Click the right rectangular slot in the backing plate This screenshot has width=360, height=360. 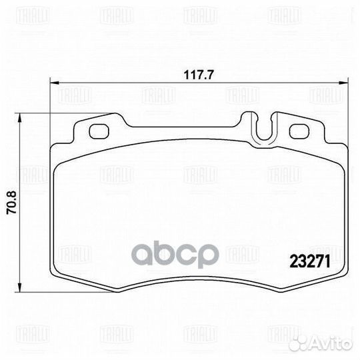pyautogui.click(x=298, y=131)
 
